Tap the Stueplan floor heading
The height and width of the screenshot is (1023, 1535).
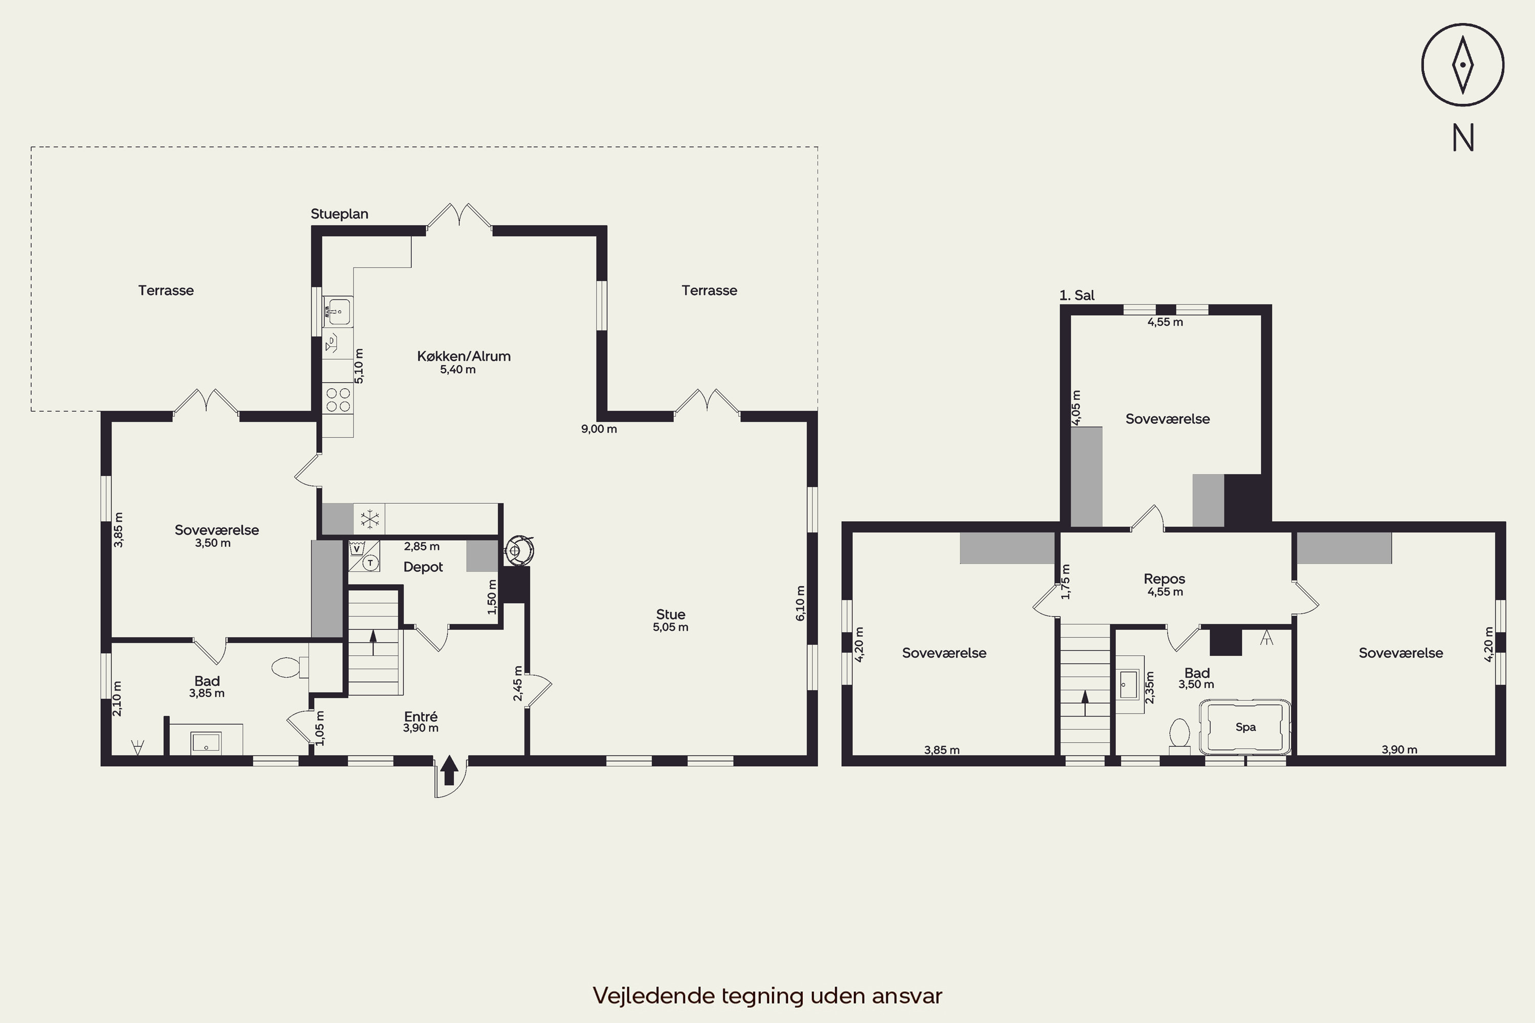point(339,214)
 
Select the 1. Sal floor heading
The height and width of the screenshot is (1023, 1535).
point(1077,295)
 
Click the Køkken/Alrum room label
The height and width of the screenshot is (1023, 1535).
point(464,356)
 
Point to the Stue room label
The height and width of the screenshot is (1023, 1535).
point(671,615)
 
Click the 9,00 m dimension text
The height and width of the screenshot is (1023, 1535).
point(599,429)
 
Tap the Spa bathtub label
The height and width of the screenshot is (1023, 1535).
point(1246,727)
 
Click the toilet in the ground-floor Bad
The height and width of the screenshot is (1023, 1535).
point(290,668)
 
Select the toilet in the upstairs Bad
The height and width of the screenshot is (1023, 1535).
point(1179,737)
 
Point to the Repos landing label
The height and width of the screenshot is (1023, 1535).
point(1165,579)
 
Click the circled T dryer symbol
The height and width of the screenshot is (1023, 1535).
point(370,562)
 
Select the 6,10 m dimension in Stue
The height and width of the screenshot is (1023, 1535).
point(801,603)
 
